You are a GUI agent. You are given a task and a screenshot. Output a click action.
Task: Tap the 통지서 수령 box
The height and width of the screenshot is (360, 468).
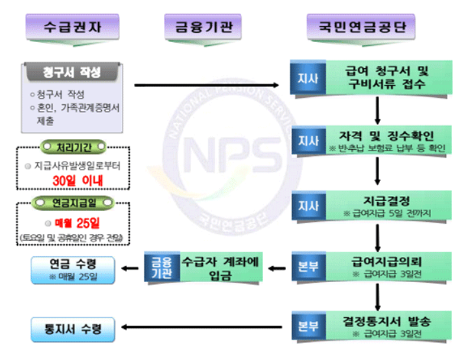73,328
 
